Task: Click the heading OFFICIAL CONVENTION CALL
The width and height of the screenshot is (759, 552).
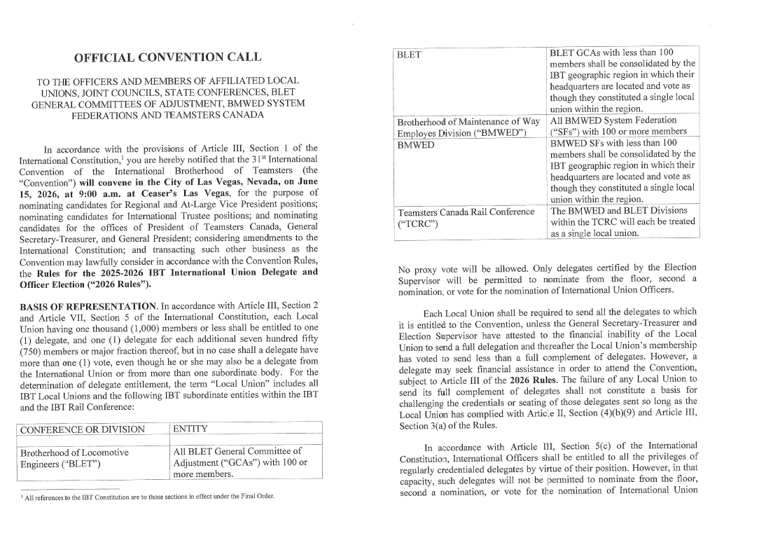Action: (x=168, y=57)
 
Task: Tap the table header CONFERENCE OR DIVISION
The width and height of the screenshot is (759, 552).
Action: (x=83, y=429)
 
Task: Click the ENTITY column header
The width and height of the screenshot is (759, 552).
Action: (x=190, y=429)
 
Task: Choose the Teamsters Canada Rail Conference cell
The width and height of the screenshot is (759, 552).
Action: (x=466, y=216)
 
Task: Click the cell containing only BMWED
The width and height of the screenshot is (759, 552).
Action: (x=416, y=145)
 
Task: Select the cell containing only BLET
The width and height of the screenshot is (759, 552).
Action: (x=409, y=53)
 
